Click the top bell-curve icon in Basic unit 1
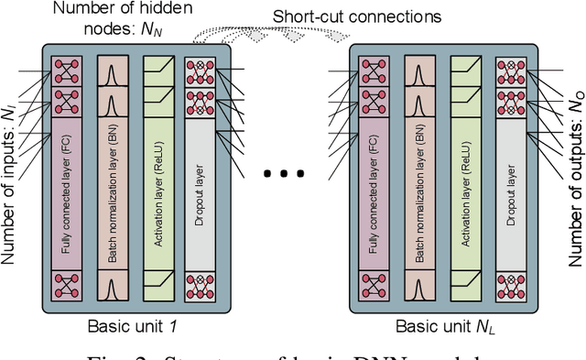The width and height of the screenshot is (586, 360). [x=111, y=74]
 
